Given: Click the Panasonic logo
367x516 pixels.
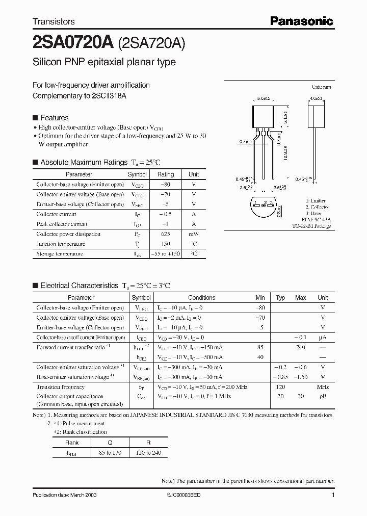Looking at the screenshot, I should click(x=301, y=21).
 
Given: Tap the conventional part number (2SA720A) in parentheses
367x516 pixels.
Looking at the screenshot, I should click(x=151, y=43).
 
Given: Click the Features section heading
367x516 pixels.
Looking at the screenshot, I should click(x=54, y=117).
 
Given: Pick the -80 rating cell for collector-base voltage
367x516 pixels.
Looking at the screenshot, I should click(x=166, y=185).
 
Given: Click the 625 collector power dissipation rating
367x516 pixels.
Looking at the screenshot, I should click(x=166, y=234).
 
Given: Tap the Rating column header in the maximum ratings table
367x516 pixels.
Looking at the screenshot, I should click(x=166, y=174).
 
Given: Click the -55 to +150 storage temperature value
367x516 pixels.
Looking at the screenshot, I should click(x=166, y=253).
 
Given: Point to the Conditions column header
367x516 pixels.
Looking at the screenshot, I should click(x=201, y=298).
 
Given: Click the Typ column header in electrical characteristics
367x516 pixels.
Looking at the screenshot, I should click(x=280, y=298).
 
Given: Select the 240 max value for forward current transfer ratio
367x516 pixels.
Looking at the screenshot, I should click(x=300, y=347).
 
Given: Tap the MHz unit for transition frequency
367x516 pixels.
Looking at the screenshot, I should click(x=323, y=387).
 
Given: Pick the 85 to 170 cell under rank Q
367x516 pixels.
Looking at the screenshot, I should click(x=107, y=453).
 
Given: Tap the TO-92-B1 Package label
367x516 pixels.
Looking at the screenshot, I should click(x=311, y=226).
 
